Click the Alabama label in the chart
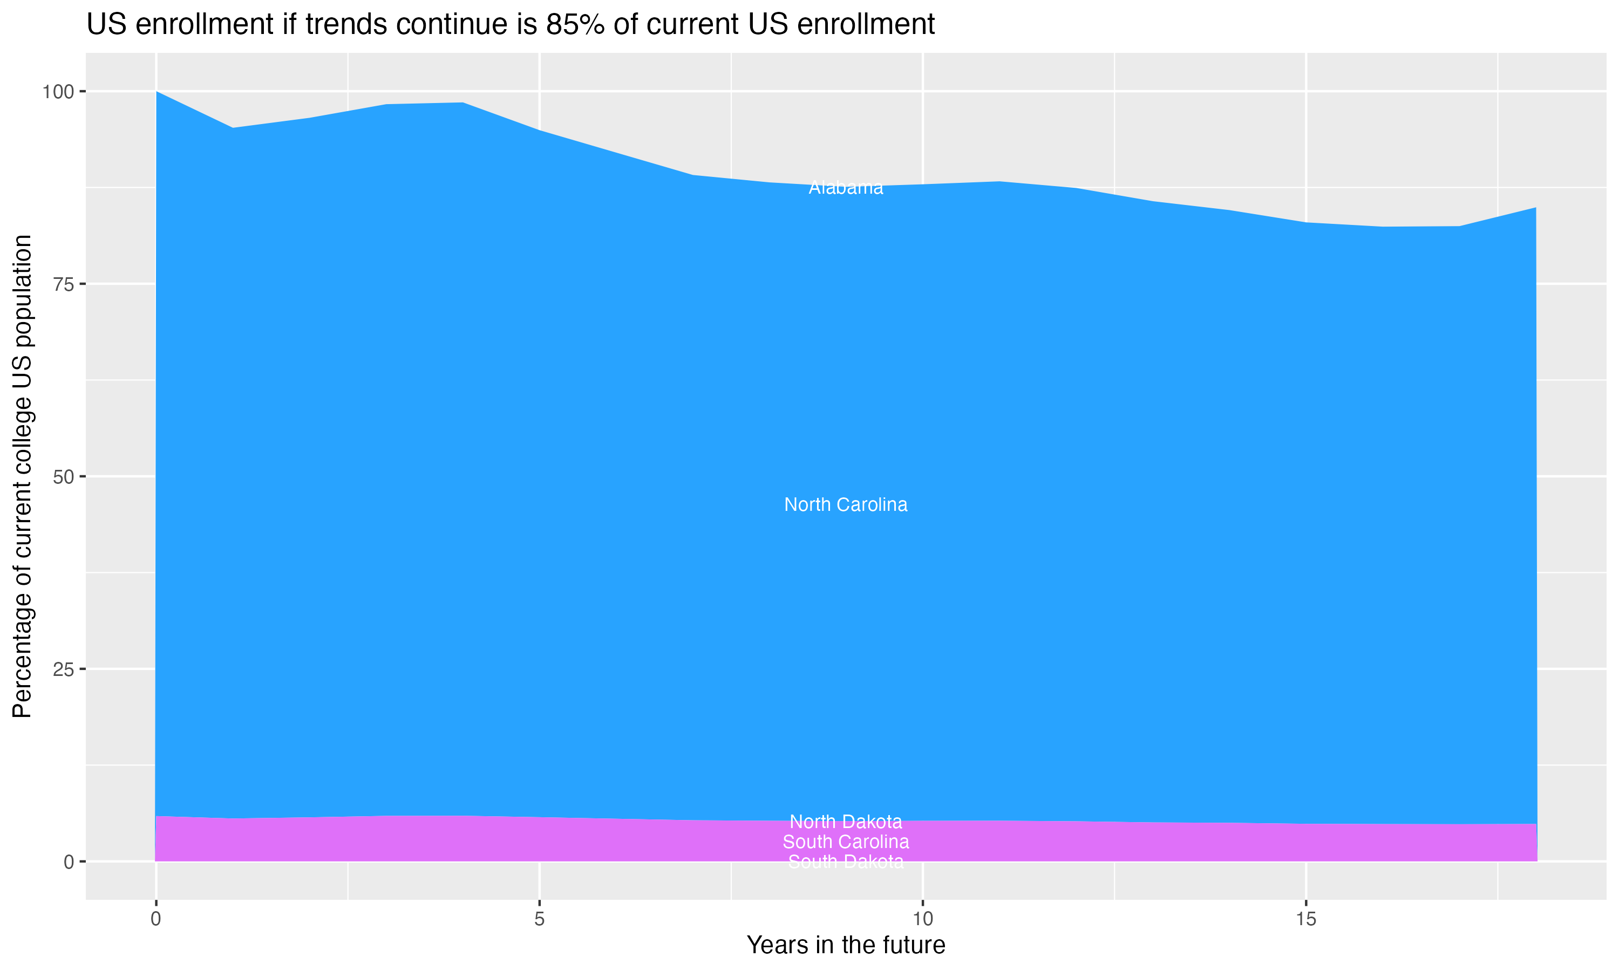(x=846, y=188)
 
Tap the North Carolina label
(x=846, y=504)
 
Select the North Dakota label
(x=846, y=821)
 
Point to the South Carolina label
(x=846, y=842)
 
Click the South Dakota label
(x=846, y=861)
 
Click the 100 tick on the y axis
(x=58, y=92)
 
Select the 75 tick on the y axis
(x=63, y=284)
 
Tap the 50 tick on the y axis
(x=63, y=477)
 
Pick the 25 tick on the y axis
(x=63, y=669)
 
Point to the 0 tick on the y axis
(x=68, y=861)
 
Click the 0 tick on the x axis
(x=156, y=919)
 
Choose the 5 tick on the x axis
(x=539, y=919)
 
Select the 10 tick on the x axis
(x=922, y=919)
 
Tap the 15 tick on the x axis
(x=1305, y=919)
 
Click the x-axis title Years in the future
(x=846, y=945)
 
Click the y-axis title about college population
(x=22, y=476)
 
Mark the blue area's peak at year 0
(x=157, y=92)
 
